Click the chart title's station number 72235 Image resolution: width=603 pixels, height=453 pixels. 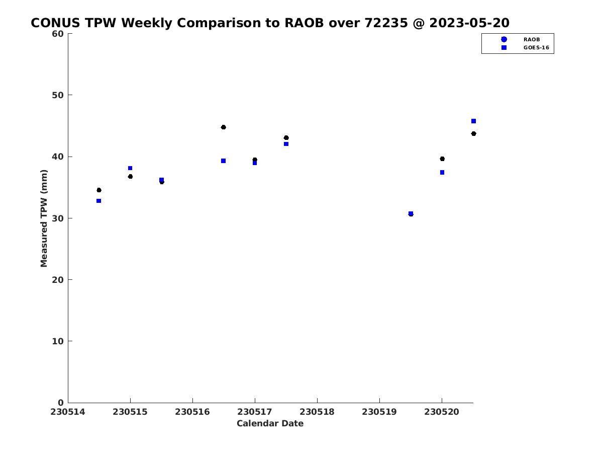tap(386, 23)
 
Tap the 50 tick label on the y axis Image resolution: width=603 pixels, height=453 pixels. tap(58, 95)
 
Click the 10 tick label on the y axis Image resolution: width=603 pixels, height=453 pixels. tap(58, 341)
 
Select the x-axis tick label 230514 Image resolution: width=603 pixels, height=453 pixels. tap(67, 412)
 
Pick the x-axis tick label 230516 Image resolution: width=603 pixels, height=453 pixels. tap(192, 412)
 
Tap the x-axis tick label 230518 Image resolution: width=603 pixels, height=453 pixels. tap(317, 412)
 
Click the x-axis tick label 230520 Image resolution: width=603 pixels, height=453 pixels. tap(442, 412)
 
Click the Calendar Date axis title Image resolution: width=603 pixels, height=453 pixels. tap(270, 423)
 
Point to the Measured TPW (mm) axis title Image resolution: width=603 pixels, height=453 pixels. tap(44, 218)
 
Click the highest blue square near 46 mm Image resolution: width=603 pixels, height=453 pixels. tap(473, 121)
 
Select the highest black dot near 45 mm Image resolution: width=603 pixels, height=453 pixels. tap(223, 127)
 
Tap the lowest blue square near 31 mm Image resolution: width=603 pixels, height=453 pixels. tap(411, 213)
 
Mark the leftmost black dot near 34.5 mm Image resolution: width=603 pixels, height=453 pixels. tap(99, 190)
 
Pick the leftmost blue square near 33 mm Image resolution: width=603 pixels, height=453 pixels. tap(98, 201)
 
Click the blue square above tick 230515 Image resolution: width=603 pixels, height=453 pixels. tap(130, 168)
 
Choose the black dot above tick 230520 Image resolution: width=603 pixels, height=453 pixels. tap(442, 159)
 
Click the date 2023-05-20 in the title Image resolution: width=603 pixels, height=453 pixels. tap(469, 23)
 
